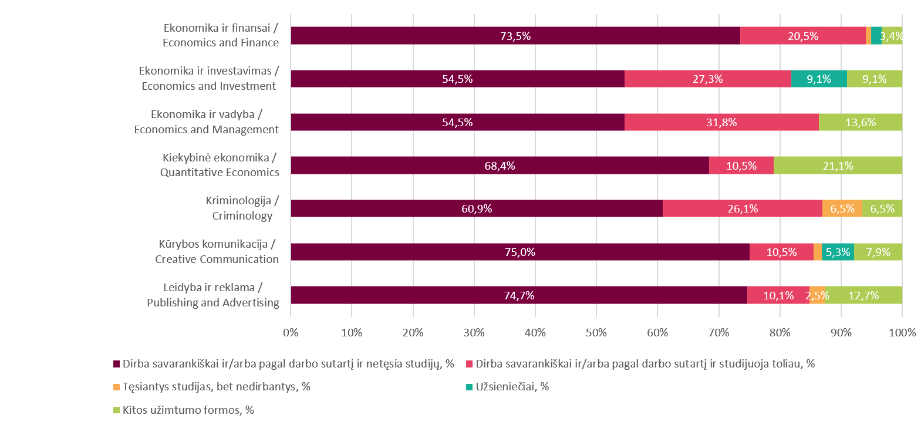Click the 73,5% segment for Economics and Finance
pyautogui.click(x=515, y=36)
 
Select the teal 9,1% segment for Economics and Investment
pyautogui.click(x=819, y=79)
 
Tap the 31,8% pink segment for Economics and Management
pyautogui.click(x=721, y=122)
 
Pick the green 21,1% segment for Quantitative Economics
pyautogui.click(x=838, y=166)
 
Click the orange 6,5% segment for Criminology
pyautogui.click(x=842, y=208)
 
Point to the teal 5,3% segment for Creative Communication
pyautogui.click(x=838, y=252)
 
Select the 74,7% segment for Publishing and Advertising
pyautogui.click(x=519, y=295)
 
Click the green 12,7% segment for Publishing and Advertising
pyautogui.click(x=863, y=295)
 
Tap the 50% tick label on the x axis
pyautogui.click(x=596, y=333)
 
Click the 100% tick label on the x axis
pyautogui.click(x=902, y=333)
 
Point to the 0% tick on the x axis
pyautogui.click(x=291, y=333)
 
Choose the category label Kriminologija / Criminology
pyautogui.click(x=242, y=208)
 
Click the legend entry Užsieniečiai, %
pyautogui.click(x=512, y=387)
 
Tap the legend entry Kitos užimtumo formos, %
pyautogui.click(x=188, y=410)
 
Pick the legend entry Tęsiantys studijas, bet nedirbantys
pyautogui.click(x=216, y=387)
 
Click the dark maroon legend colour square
pyautogui.click(x=116, y=364)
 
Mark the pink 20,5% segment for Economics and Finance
pyautogui.click(x=803, y=36)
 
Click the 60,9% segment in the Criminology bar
pyautogui.click(x=477, y=208)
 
